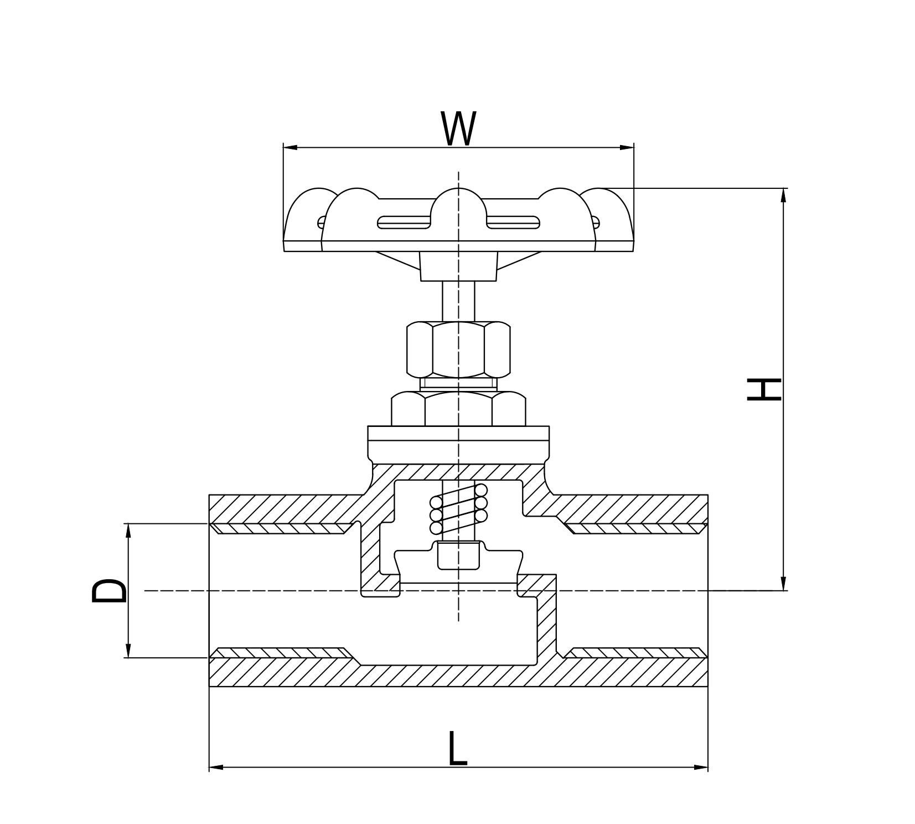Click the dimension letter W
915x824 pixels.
pos(458,128)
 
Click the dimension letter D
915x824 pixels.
pos(109,590)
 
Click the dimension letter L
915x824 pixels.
pos(457,749)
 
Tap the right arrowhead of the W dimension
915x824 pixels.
pos(627,147)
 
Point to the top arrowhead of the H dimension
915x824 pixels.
pos(783,195)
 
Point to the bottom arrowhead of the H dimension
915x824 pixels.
pos(783,584)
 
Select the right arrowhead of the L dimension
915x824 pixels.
pos(701,767)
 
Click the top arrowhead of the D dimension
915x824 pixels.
pos(128,531)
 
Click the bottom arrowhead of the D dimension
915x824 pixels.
pos(128,651)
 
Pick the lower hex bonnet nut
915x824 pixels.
pos(458,409)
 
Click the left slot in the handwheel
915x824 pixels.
pos(404,222)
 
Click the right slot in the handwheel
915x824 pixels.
pos(513,222)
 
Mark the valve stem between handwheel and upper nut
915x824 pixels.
pos(458,301)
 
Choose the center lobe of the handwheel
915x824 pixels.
pos(458,210)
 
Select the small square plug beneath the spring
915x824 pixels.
pos(458,556)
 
